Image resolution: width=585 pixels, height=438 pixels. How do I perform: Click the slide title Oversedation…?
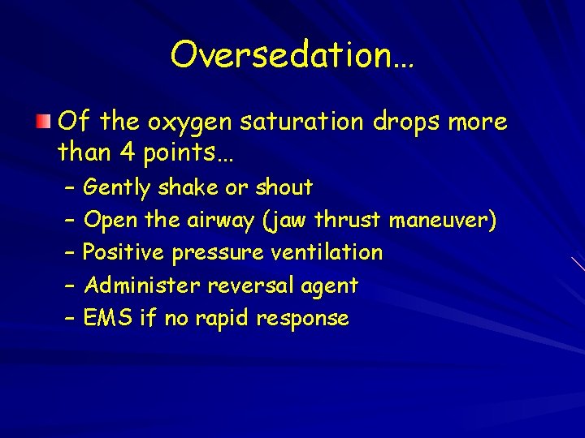click(292, 55)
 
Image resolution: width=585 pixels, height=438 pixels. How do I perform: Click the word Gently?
click(117, 188)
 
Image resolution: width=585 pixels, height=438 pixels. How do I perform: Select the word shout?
click(284, 187)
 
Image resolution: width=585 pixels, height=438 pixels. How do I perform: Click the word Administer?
click(142, 286)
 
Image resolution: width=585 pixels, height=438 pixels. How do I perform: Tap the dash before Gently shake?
click(68, 188)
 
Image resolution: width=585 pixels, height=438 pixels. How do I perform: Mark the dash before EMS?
click(68, 318)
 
